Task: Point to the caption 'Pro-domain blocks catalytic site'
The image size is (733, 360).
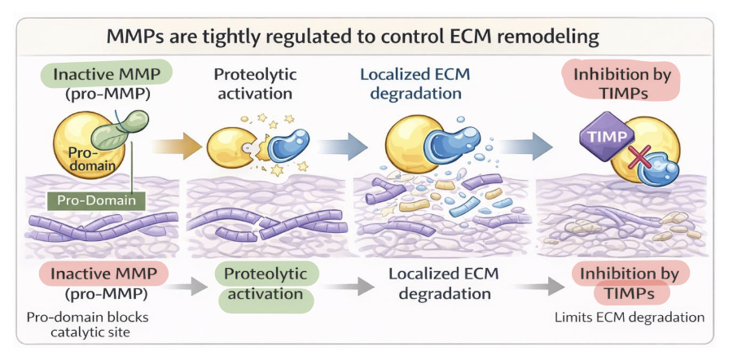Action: tap(82, 324)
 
